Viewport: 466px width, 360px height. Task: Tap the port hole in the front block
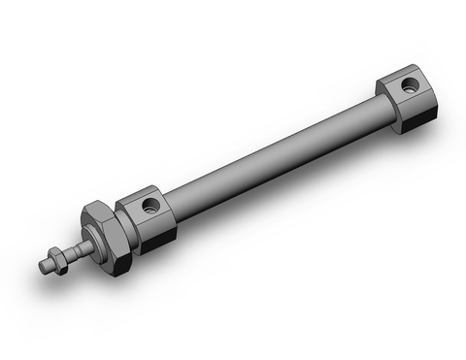pyautogui.click(x=149, y=206)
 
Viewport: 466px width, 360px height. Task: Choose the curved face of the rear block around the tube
pyautogui.click(x=387, y=108)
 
